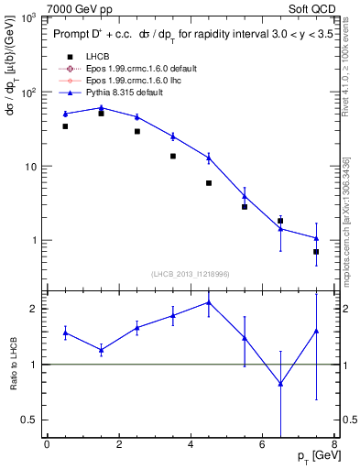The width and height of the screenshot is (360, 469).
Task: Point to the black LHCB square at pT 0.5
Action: [x=65, y=126]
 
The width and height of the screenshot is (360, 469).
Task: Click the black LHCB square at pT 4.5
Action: [x=209, y=183]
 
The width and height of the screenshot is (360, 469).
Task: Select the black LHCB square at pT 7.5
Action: [x=316, y=251]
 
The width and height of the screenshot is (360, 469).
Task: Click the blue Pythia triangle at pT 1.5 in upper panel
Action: [x=101, y=108]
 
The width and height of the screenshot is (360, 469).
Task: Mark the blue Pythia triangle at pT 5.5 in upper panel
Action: [x=245, y=196]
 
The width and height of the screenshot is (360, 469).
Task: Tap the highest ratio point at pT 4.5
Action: [x=209, y=302]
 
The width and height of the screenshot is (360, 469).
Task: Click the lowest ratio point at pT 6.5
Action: [x=280, y=384]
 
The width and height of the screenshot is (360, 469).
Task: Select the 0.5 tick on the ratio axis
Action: [x=31, y=420]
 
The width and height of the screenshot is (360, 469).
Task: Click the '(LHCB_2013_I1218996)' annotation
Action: [x=191, y=274]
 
